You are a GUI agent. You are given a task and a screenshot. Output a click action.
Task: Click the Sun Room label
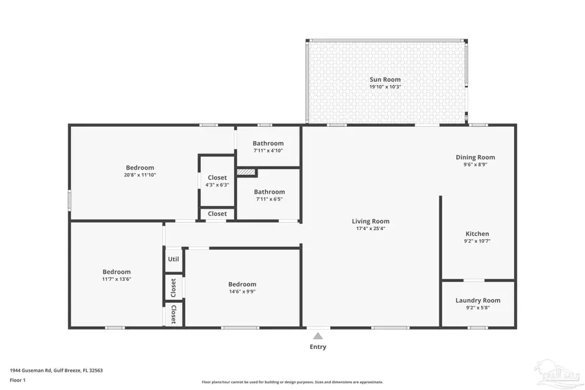pos(385,79)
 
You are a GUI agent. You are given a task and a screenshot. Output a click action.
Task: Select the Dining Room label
pos(475,157)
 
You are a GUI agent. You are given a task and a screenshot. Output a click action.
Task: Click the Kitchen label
pos(477,234)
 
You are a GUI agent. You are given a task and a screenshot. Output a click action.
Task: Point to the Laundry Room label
pos(478,300)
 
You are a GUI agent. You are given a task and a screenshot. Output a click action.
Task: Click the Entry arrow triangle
pos(318,336)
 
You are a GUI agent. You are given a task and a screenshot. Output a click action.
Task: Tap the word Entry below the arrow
pos(318,347)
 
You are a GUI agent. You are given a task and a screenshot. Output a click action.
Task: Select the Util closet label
pos(174,259)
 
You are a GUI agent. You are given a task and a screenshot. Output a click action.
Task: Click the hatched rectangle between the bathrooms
pos(246,172)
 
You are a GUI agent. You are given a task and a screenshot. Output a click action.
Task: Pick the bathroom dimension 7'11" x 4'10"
pos(268,151)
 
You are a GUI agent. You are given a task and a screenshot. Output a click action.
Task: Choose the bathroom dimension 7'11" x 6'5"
pos(268,200)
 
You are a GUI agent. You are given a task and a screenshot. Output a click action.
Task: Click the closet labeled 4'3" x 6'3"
pos(217,185)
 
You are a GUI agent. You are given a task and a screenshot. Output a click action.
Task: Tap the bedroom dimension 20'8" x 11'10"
pos(140,175)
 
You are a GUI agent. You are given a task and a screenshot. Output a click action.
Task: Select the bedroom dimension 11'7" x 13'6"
pos(116,279)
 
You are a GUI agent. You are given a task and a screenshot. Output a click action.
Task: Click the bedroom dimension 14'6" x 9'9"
pos(242,292)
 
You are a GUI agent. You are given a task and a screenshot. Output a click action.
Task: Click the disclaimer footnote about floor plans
pos(292,382)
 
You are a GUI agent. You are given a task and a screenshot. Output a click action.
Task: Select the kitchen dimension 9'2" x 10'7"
pos(477,241)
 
